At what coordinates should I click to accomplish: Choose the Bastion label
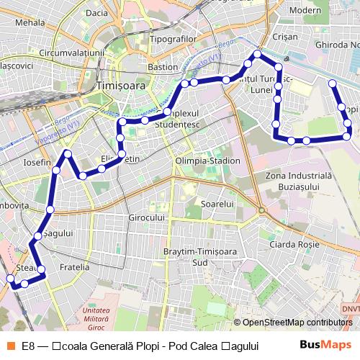tap(163, 67)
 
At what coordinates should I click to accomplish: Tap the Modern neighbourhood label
tap(305, 10)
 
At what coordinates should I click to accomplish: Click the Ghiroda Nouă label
tap(337, 45)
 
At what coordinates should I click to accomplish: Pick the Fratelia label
tap(74, 266)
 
